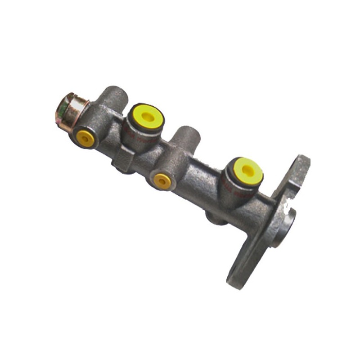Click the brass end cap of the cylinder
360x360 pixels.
coord(72,111)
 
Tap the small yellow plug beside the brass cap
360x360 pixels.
coord(85,138)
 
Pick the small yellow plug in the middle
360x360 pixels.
coord(162,181)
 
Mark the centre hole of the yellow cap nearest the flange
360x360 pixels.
coord(248,169)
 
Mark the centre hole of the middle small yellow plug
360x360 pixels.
coord(162,181)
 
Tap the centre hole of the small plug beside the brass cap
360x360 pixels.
coord(85,138)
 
